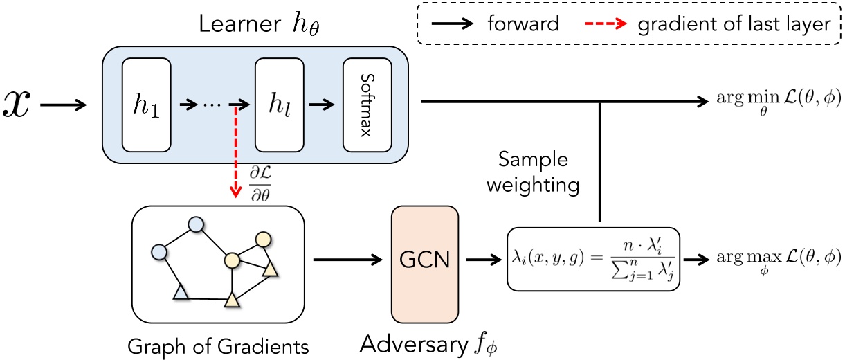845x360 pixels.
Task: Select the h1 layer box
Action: click(x=146, y=105)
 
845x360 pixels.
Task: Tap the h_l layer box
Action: click(x=279, y=105)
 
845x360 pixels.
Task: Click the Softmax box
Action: click(x=367, y=105)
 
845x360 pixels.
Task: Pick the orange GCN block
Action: click(x=425, y=260)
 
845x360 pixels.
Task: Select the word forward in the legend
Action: click(x=523, y=24)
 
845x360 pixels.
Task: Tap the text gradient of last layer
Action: click(x=733, y=24)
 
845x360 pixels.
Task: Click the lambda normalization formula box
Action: click(x=593, y=258)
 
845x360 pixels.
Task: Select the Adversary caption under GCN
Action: click(x=433, y=344)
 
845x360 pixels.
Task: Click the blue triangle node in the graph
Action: click(x=181, y=294)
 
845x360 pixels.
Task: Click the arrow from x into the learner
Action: click(x=64, y=105)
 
